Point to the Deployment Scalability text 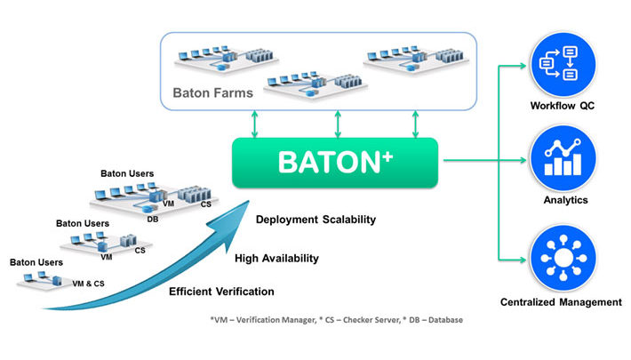pos(315,220)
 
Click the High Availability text pos(276,258)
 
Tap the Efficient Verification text pos(221,291)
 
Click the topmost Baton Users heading pos(127,173)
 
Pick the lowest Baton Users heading pos(36,262)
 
